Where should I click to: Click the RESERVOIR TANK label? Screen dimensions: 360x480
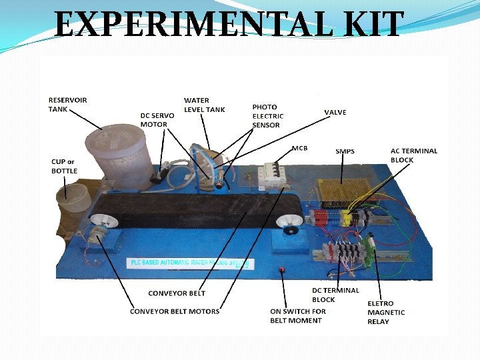click(67, 105)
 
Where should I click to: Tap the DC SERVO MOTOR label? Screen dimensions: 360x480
click(157, 120)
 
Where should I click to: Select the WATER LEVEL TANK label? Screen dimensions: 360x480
click(205, 105)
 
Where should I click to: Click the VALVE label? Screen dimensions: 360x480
click(335, 113)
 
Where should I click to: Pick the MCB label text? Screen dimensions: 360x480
click(300, 147)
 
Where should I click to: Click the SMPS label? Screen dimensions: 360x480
click(345, 151)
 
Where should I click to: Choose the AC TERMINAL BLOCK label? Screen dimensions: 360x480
click(413, 155)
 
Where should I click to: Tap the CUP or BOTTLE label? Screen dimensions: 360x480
click(64, 166)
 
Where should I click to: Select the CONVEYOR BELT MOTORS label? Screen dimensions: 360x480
click(175, 311)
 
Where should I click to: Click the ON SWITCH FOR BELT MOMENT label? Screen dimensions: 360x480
click(297, 316)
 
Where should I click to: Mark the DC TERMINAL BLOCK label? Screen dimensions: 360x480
click(335, 295)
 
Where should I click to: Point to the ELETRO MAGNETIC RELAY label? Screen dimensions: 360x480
click(386, 313)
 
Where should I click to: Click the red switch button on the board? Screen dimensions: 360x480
click(281, 271)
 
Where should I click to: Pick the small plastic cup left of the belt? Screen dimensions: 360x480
click(73, 199)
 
